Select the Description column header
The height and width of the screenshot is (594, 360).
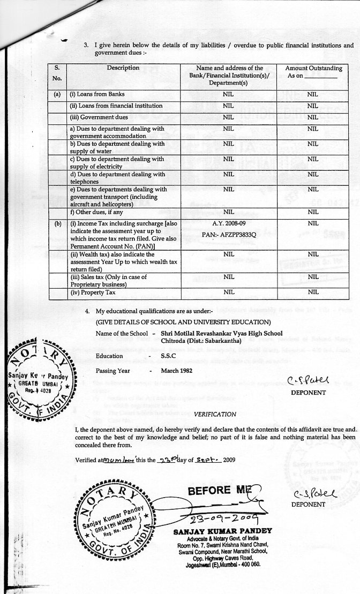click(x=123, y=68)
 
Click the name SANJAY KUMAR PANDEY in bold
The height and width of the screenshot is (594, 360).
click(x=223, y=531)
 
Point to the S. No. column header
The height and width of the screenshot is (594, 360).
click(x=57, y=72)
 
